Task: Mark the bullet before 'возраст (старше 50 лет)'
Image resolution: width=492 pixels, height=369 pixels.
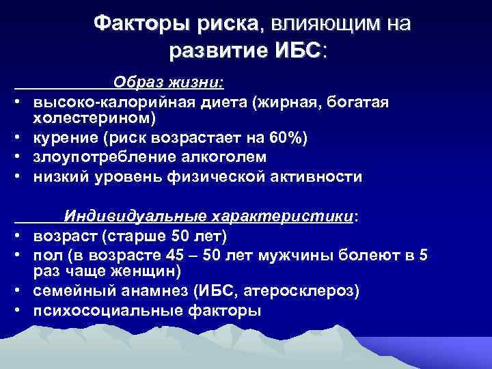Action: tap(21, 236)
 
